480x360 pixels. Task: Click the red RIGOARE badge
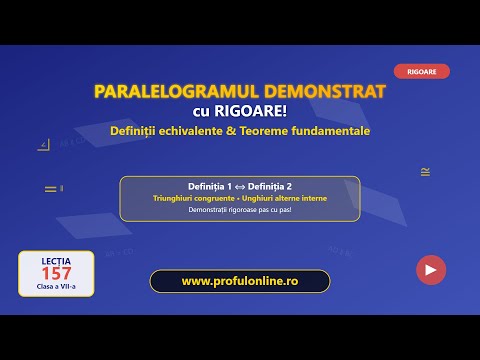pyautogui.click(x=422, y=72)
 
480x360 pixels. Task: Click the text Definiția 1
pyautogui.click(x=210, y=187)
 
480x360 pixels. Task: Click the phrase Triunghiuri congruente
pyautogui.click(x=197, y=198)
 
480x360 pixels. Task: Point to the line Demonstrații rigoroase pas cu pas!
pyautogui.click(x=240, y=209)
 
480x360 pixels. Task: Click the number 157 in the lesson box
pyautogui.click(x=56, y=274)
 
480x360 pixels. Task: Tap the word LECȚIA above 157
pyautogui.click(x=56, y=260)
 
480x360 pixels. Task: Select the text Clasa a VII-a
pyautogui.click(x=56, y=288)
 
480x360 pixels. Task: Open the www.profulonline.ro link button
pyautogui.click(x=240, y=281)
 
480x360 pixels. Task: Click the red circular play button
pyautogui.click(x=431, y=269)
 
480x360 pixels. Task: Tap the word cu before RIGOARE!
pyautogui.click(x=204, y=111)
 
